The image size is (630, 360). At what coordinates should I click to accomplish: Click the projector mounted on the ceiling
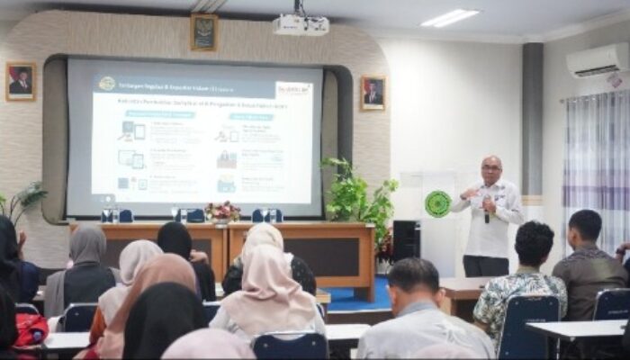[x=301, y=24]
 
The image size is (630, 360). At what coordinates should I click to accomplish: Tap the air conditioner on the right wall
[x=597, y=60]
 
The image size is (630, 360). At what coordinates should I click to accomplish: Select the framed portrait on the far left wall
[x=20, y=81]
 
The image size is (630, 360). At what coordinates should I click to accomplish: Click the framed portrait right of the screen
[x=373, y=93]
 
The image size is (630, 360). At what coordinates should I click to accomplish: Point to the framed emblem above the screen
[x=203, y=31]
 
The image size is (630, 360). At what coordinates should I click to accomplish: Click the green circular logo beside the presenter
[x=437, y=204]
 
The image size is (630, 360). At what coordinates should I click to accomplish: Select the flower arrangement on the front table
[x=221, y=212]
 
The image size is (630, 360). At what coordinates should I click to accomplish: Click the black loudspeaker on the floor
[x=406, y=240]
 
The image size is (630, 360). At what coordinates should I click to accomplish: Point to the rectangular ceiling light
[x=449, y=18]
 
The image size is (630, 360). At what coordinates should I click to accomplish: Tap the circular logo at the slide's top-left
[x=106, y=83]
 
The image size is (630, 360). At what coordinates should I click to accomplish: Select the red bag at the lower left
[x=30, y=329]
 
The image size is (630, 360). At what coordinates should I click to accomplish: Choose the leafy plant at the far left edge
[x=22, y=202]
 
